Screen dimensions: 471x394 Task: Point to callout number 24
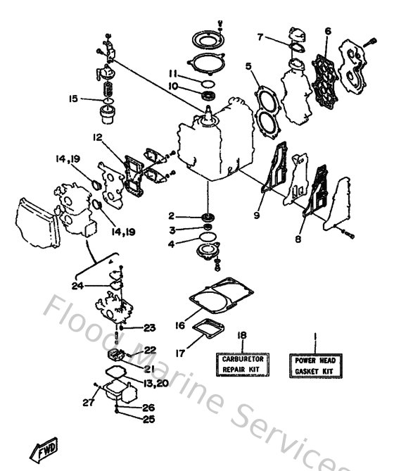point(77,285)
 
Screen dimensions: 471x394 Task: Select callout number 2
point(171,215)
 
